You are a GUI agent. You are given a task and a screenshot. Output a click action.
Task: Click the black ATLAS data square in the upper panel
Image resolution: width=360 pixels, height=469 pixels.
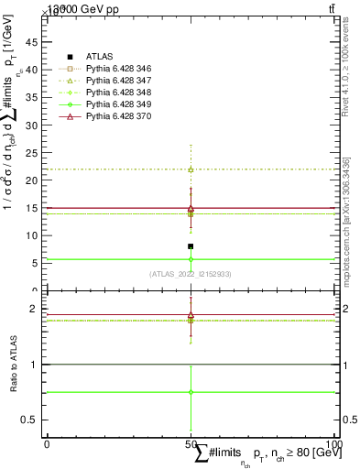191,246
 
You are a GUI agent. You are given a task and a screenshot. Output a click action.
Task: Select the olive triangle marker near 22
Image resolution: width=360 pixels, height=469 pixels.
191,169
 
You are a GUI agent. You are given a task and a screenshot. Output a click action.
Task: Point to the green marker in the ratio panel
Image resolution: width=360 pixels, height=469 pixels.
191,392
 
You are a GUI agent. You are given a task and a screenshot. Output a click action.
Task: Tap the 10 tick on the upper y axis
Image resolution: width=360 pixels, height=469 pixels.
37,235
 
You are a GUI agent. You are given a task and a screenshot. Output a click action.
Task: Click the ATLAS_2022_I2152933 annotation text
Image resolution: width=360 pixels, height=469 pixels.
191,274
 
